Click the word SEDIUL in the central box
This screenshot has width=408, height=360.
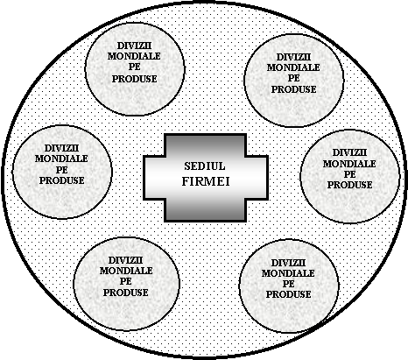[205, 166]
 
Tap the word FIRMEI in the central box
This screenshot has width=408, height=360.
[206, 181]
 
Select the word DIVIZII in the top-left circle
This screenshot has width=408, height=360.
[134, 46]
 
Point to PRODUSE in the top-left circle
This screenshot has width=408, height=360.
[135, 79]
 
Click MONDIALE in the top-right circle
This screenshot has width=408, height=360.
[293, 67]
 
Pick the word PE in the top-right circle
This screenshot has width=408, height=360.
[294, 78]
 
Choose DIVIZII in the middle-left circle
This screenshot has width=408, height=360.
[62, 148]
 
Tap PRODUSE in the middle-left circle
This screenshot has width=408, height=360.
[62, 180]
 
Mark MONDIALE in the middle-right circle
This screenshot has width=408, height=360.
[349, 164]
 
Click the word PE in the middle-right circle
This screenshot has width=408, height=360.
[350, 174]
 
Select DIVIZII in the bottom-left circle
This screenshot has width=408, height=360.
[125, 260]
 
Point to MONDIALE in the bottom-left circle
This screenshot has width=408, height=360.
[126, 271]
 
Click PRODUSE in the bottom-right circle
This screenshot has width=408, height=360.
[288, 294]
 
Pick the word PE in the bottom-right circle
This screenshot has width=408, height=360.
[288, 284]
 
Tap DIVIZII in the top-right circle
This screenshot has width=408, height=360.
[293, 57]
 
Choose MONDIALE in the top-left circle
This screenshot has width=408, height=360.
[134, 56]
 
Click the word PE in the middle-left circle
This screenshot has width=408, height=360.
[62, 169]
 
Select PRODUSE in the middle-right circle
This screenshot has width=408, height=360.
[349, 185]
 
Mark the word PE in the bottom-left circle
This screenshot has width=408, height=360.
[126, 281]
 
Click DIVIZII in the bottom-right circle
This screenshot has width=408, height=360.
[288, 263]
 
